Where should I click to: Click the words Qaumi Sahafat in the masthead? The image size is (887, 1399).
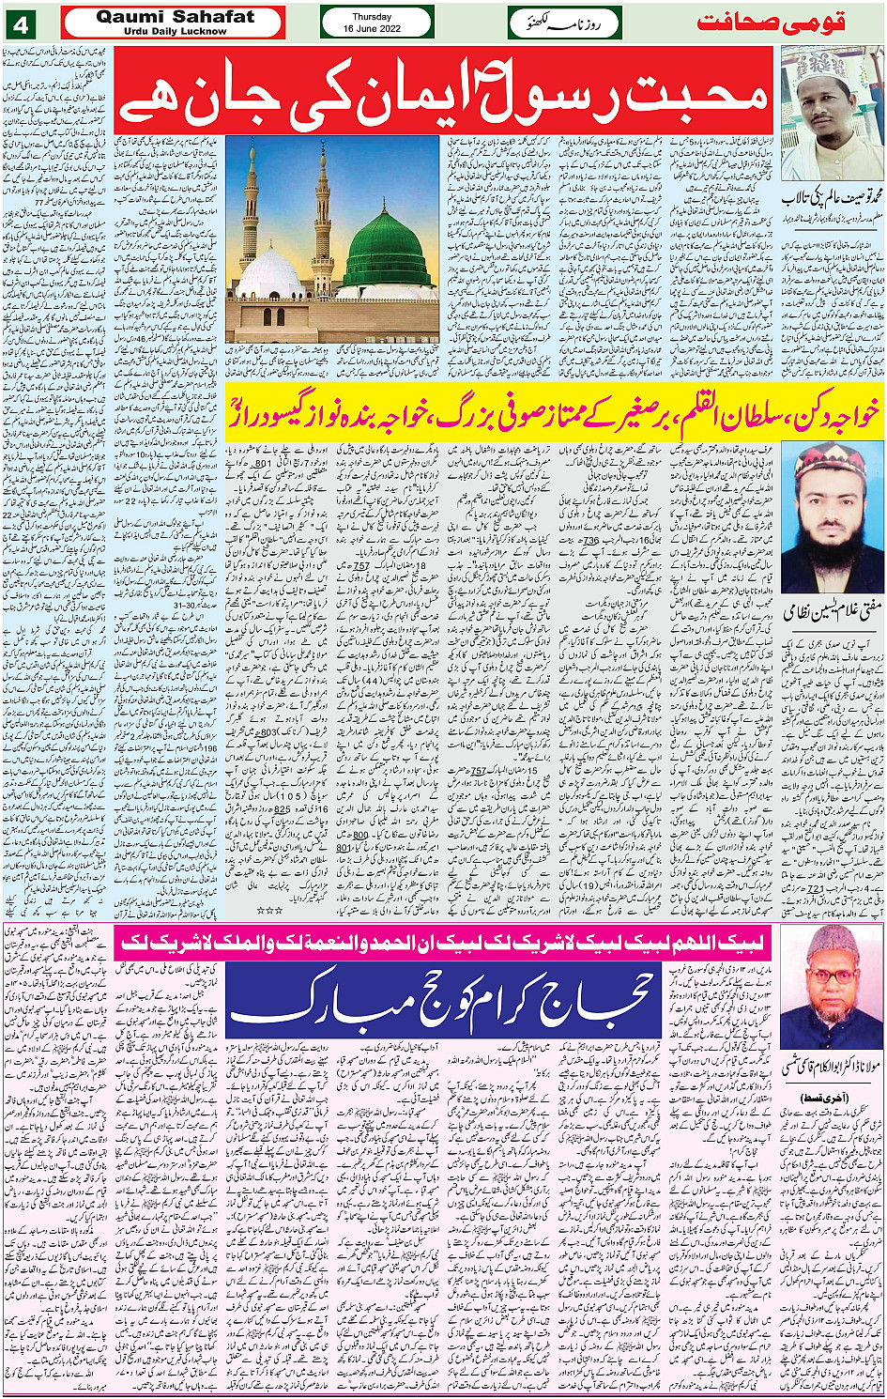[175, 17]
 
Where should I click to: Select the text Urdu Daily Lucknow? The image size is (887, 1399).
[175, 31]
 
